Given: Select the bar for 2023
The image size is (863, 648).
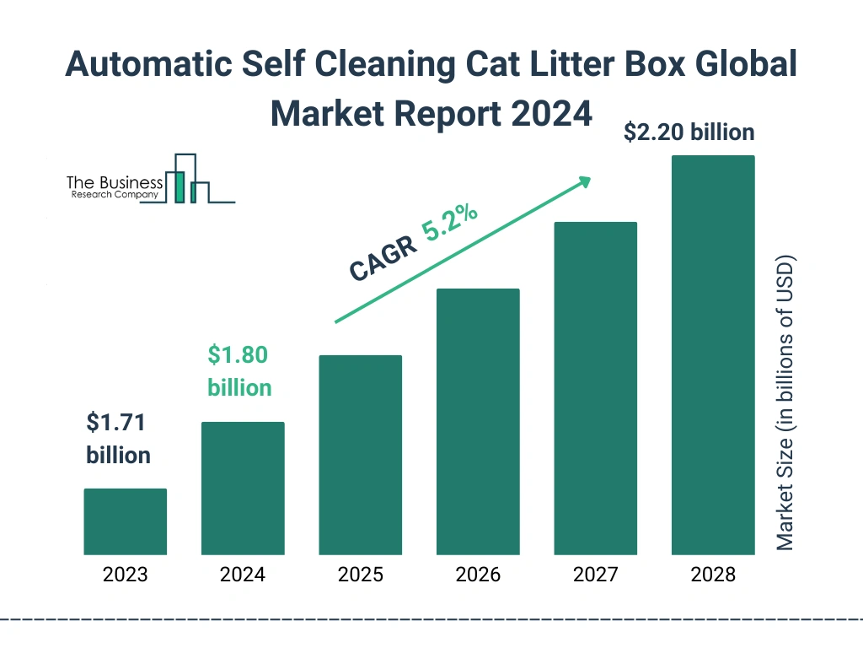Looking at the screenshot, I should point(125,521).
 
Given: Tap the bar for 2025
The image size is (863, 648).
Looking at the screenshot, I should point(360,455).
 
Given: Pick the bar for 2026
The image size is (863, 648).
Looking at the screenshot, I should point(478,422).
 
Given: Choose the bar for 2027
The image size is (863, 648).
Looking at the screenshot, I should point(595,388).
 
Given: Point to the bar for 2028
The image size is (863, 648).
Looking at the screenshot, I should point(713,355).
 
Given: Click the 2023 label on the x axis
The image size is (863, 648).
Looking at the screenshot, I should point(125,575).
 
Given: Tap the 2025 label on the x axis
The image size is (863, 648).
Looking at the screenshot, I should point(360,575).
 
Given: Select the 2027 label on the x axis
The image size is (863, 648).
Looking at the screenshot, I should point(595,575).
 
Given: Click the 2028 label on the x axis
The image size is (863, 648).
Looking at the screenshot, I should point(713,575).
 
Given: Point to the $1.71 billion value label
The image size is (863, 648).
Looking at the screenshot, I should point(119,439).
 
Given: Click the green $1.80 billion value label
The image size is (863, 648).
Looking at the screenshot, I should point(239,371).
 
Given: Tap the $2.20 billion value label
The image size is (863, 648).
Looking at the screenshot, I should point(689,132).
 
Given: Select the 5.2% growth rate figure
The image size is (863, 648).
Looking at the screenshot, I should point(450,225).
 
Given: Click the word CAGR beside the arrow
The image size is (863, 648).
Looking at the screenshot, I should point(383,258).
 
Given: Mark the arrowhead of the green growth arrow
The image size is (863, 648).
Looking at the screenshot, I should point(583,181).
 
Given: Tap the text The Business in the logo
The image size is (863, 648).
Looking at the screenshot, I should point(115,182).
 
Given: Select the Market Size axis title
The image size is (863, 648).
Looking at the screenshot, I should point(785,402).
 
